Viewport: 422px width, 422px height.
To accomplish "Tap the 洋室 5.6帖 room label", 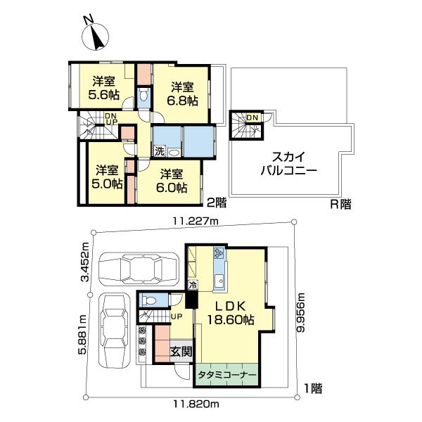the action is pyautogui.click(x=104, y=88).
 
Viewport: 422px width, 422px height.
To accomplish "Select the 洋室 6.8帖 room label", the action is pyautogui.click(x=182, y=94).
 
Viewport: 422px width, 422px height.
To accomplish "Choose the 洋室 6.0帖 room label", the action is pyautogui.click(x=172, y=181).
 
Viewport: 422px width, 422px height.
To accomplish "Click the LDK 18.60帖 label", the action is pyautogui.click(x=231, y=313).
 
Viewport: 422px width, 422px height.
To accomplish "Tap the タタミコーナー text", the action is pyautogui.click(x=226, y=375).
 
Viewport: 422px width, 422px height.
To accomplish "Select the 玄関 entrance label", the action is pyautogui.click(x=181, y=351).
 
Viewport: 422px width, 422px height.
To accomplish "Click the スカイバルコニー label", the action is pyautogui.click(x=288, y=163).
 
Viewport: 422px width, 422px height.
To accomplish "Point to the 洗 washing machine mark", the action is pyautogui.click(x=160, y=151).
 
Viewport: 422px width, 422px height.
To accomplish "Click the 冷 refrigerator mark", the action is pyautogui.click(x=193, y=285).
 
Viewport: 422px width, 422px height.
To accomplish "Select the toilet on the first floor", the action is pyautogui.click(x=150, y=300).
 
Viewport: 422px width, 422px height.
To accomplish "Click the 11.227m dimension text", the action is pyautogui.click(x=195, y=222).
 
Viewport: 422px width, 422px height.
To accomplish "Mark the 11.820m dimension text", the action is pyautogui.click(x=196, y=404).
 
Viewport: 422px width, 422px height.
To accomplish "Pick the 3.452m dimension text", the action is pyautogui.click(x=86, y=262).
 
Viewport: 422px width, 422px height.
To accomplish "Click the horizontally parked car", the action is pyautogui.click(x=139, y=269).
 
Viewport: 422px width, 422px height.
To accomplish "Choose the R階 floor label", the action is pyautogui.click(x=340, y=205).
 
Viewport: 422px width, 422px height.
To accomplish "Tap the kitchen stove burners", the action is pyautogui.click(x=219, y=252).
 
